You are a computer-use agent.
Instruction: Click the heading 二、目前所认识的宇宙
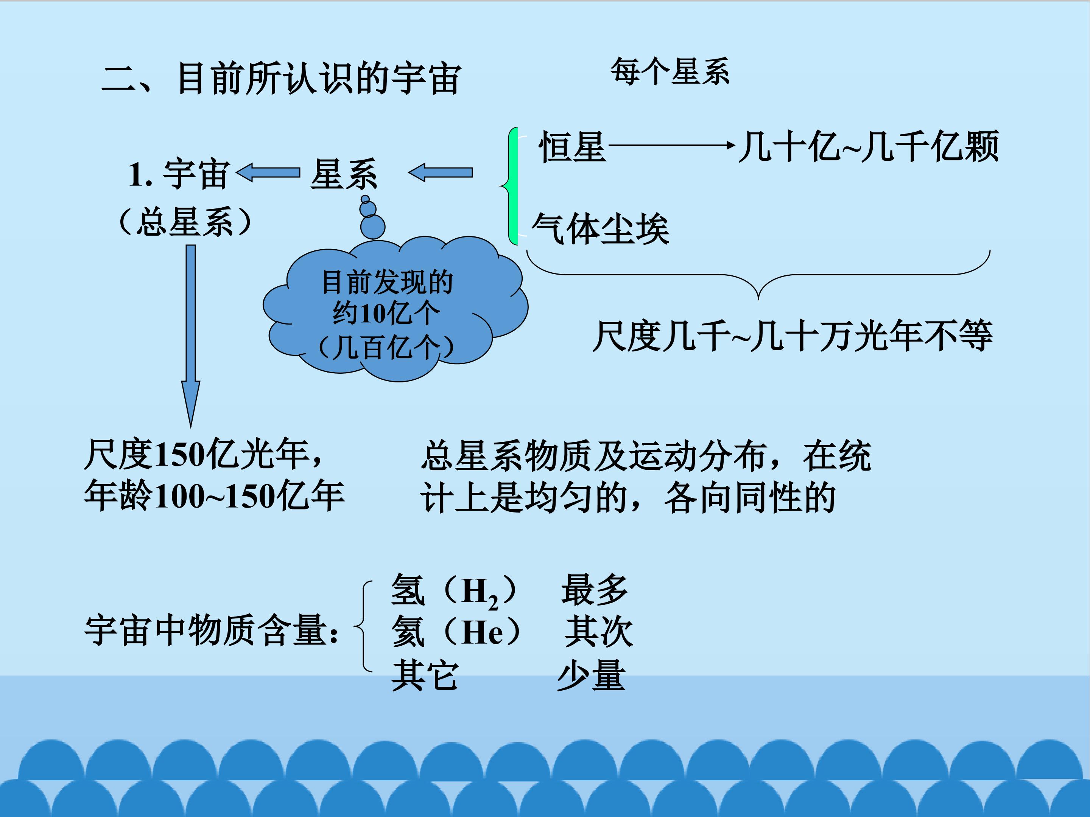click(281, 78)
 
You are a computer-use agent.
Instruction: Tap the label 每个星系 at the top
click(670, 71)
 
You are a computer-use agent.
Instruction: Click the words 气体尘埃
click(601, 229)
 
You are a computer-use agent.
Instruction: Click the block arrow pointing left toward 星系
click(441, 172)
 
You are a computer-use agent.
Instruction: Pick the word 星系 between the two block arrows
click(344, 174)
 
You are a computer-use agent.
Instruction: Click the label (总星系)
click(186, 222)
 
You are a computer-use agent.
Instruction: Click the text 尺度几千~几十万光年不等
click(793, 336)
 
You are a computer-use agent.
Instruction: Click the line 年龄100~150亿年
click(214, 495)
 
